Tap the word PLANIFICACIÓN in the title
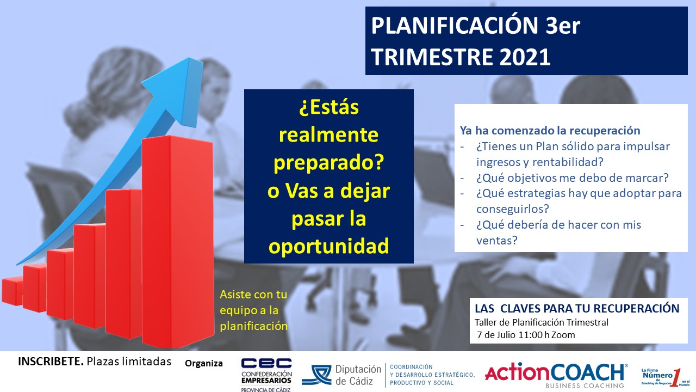pyautogui.click(x=455, y=25)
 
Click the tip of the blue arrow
pyautogui.click(x=189, y=58)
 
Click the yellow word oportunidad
pyautogui.click(x=329, y=246)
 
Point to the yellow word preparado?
pyautogui.click(x=329, y=162)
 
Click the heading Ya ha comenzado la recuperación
pyautogui.click(x=550, y=131)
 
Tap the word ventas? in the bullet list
pyautogui.click(x=497, y=240)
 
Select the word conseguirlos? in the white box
pyautogui.click(x=513, y=209)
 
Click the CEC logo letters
pyautogui.click(x=266, y=363)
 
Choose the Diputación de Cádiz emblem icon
pyautogui.click(x=317, y=375)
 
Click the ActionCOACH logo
pyautogui.click(x=556, y=375)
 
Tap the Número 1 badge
pyautogui.click(x=665, y=377)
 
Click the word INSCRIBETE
pyautogui.click(x=51, y=362)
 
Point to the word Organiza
pyautogui.click(x=204, y=363)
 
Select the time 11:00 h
pyautogui.click(x=534, y=335)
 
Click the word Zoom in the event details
pyautogui.click(x=563, y=335)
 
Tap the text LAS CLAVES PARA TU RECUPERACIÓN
pyautogui.click(x=577, y=308)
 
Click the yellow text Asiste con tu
pyautogui.click(x=253, y=295)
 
